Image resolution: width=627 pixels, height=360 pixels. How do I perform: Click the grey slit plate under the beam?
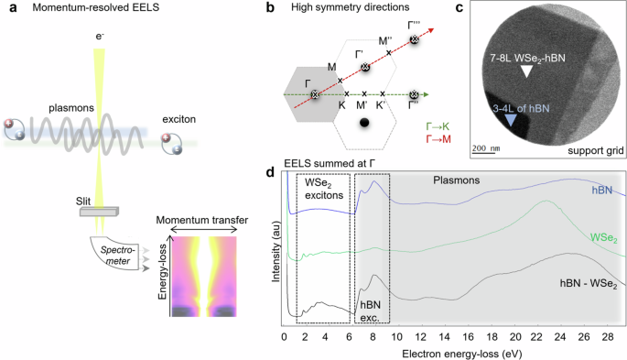104,212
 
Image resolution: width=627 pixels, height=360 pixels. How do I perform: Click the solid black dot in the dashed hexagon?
365,123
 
